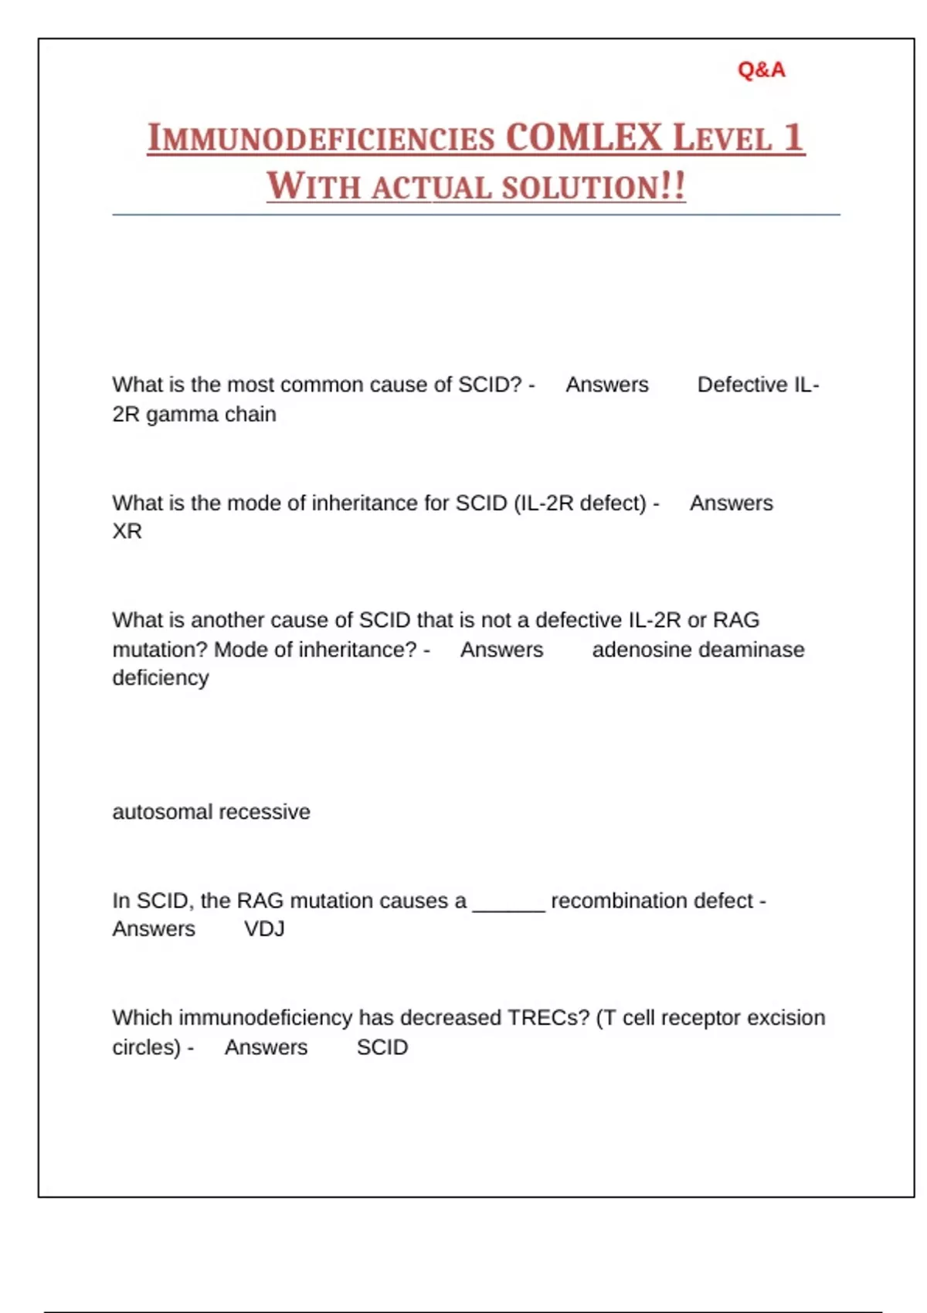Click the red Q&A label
coord(761,70)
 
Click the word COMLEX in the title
coord(584,138)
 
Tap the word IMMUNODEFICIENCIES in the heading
coord(321,139)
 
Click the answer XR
coord(127,531)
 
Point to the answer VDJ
coord(264,928)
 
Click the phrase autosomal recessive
coord(211,812)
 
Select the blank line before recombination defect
coord(508,904)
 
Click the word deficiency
coord(161,678)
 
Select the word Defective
coord(742,385)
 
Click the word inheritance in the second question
coord(364,503)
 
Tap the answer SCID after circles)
coord(382,1047)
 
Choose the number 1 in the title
coord(793,138)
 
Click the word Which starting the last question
coord(142,1018)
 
